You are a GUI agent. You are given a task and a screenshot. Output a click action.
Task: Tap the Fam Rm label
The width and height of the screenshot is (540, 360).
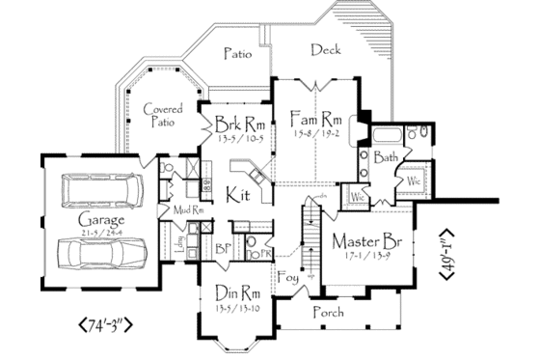pyautogui.click(x=310, y=119)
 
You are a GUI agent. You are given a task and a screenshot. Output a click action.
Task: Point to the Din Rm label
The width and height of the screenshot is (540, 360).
pyautogui.click(x=238, y=293)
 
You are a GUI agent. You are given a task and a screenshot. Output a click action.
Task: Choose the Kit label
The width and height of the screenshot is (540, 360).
pyautogui.click(x=239, y=196)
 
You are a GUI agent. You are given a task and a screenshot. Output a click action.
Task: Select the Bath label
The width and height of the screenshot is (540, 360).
pyautogui.click(x=386, y=156)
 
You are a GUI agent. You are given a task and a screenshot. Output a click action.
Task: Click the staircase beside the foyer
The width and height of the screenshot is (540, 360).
pyautogui.click(x=310, y=241)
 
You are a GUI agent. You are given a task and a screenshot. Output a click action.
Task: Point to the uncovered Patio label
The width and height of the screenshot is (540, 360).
pyautogui.click(x=237, y=54)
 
